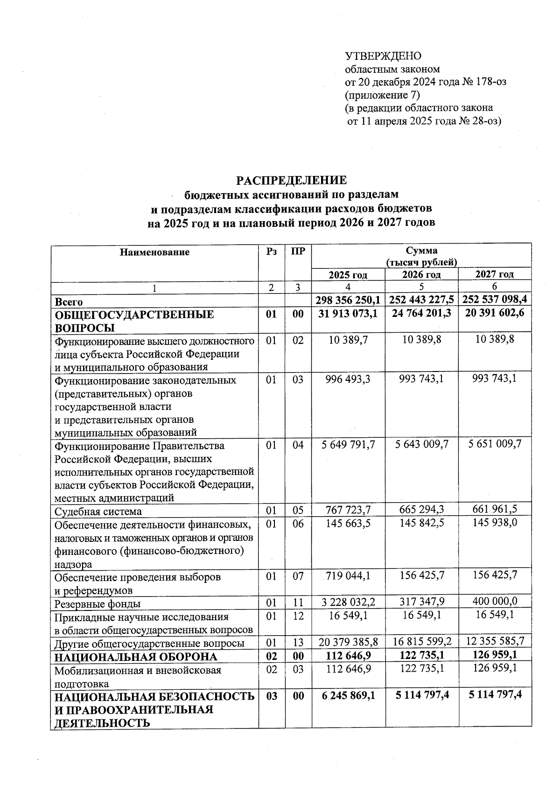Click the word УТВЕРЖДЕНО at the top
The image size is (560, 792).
click(383, 56)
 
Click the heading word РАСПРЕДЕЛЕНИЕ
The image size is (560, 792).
click(291, 181)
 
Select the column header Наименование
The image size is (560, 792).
click(155, 252)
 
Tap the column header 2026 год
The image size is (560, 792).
click(421, 274)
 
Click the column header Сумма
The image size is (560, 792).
click(421, 251)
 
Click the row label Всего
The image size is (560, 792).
click(69, 302)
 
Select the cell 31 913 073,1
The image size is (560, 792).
click(348, 314)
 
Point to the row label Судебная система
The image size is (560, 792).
click(98, 512)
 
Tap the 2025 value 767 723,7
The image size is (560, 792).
click(348, 509)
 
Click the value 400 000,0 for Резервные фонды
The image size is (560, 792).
click(495, 602)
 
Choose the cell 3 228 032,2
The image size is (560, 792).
click(348, 602)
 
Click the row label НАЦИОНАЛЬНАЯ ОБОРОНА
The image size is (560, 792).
click(136, 657)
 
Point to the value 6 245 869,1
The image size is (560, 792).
click(348, 695)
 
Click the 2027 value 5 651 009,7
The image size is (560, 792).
click(495, 444)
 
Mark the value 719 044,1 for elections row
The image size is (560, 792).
click(348, 576)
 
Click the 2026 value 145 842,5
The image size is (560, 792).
click(421, 523)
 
